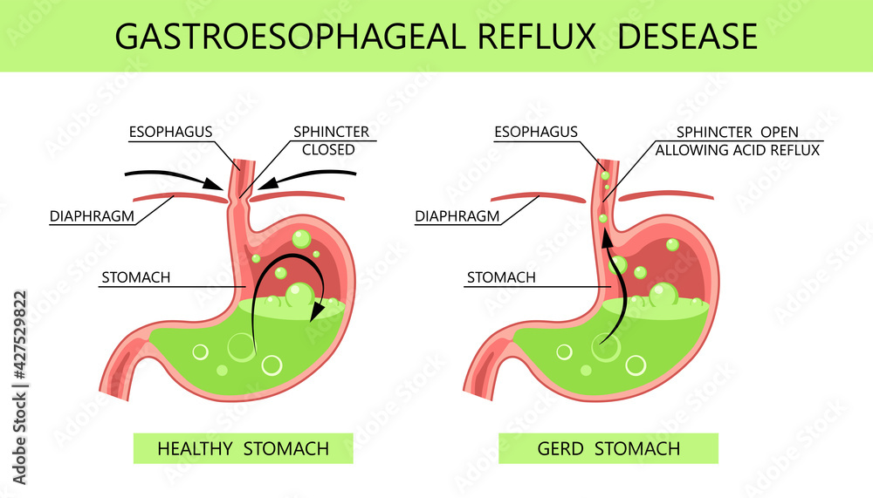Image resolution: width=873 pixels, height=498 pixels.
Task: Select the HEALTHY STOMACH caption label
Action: [243, 449]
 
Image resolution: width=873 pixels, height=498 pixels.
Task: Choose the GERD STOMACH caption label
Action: [608, 449]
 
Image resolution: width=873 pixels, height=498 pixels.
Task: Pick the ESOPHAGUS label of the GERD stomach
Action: [535, 132]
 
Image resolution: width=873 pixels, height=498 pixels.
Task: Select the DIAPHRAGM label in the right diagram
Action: [457, 215]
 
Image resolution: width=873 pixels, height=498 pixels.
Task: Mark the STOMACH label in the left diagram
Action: [135, 279]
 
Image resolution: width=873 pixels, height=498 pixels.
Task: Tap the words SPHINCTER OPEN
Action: [739, 133]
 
